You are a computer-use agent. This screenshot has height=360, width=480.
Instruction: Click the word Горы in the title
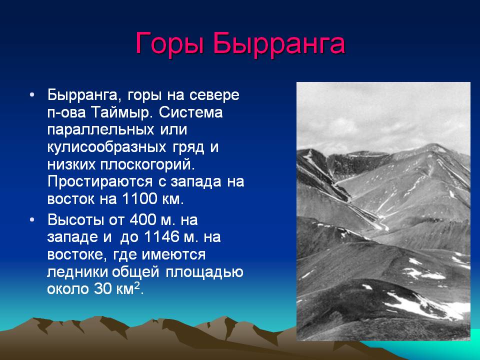(x=170, y=44)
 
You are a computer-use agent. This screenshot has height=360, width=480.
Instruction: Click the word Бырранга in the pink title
(x=279, y=43)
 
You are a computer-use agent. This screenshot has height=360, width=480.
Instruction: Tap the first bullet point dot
(x=32, y=95)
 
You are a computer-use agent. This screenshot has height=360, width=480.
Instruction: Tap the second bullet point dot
(x=32, y=220)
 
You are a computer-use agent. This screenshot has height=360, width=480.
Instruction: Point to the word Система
(x=190, y=112)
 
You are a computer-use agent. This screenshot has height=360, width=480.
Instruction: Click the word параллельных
(x=100, y=130)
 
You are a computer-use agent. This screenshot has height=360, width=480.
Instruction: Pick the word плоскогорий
(x=147, y=165)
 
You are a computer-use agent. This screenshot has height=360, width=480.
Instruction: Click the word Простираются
(x=100, y=182)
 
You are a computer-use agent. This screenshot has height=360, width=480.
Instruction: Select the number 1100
(x=139, y=199)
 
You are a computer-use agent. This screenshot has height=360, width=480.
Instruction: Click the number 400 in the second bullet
(x=142, y=220)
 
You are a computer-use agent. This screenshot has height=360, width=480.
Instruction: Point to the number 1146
(x=161, y=237)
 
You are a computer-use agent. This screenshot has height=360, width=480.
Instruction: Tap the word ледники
(x=78, y=272)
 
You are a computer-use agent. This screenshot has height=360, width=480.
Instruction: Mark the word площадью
(x=204, y=272)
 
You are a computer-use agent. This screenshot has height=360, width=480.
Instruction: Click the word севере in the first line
(x=214, y=95)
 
